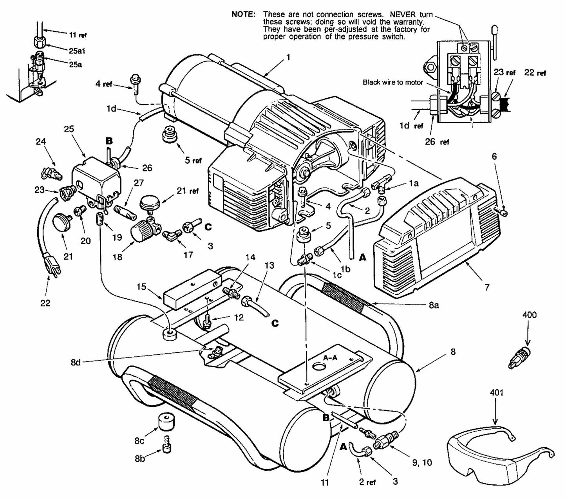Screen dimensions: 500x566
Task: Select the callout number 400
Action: point(529,315)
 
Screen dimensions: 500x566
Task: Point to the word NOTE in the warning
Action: point(244,14)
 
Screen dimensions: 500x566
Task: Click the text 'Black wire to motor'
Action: point(392,82)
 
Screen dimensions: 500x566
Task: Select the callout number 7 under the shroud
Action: point(487,287)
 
